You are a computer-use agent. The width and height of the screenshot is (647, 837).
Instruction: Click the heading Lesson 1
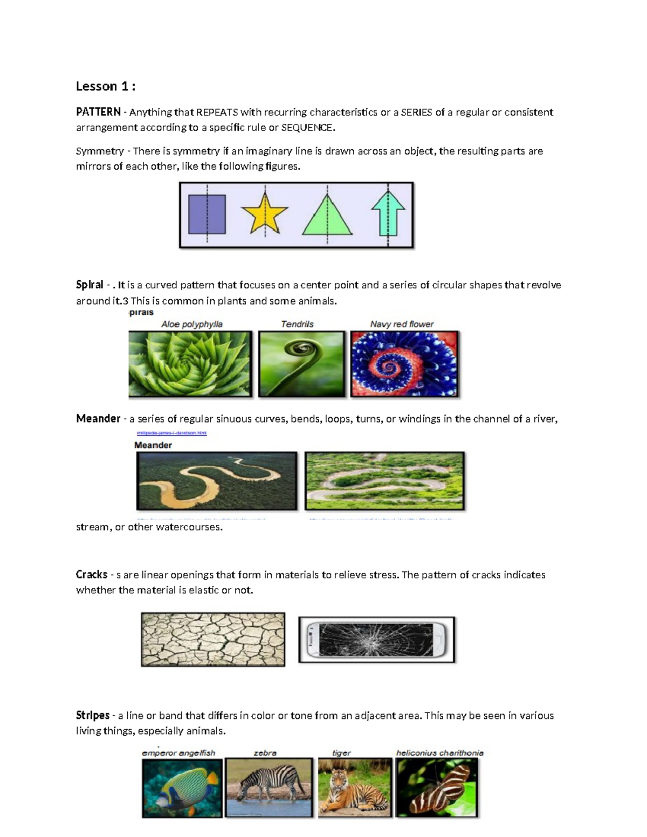pyautogui.click(x=105, y=86)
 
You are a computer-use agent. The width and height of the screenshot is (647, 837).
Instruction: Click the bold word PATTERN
pyautogui.click(x=98, y=112)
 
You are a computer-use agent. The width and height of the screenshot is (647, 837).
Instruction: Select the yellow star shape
pyautogui.click(x=264, y=214)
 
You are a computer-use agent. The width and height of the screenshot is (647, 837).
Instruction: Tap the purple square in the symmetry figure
pyautogui.click(x=207, y=214)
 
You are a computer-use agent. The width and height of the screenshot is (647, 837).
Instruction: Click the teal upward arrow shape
pyautogui.click(x=388, y=214)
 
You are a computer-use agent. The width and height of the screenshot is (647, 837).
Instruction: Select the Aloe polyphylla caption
pyautogui.click(x=192, y=324)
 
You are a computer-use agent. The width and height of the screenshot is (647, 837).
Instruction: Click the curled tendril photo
pyautogui.click(x=301, y=364)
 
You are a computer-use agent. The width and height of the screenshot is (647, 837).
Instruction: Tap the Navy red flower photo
pyautogui.click(x=404, y=364)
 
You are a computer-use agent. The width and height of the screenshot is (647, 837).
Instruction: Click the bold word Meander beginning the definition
pyautogui.click(x=98, y=419)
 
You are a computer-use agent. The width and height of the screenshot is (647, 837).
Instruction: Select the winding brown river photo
pyautogui.click(x=217, y=481)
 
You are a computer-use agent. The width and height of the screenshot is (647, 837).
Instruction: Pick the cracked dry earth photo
pyautogui.click(x=213, y=639)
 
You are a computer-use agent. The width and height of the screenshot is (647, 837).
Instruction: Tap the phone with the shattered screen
pyautogui.click(x=376, y=639)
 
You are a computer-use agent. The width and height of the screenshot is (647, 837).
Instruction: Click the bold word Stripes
pyautogui.click(x=93, y=716)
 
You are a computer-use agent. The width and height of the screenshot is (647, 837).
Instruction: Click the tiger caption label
pyautogui.click(x=341, y=753)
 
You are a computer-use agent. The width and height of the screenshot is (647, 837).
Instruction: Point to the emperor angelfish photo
pyautogui.click(x=182, y=787)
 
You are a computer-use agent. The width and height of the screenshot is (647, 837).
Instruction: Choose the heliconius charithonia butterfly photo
pyautogui.click(x=437, y=787)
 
